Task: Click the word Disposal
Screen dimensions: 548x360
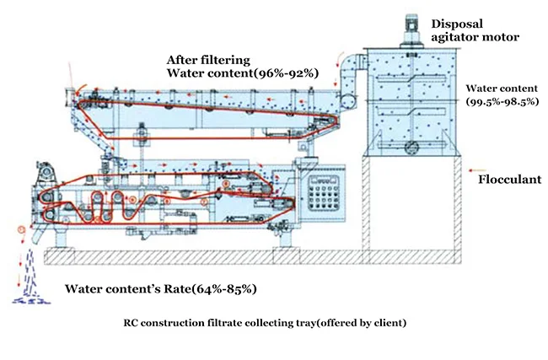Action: (x=457, y=24)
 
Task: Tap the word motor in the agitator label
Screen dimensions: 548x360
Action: (x=502, y=37)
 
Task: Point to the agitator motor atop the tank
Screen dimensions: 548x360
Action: (x=411, y=29)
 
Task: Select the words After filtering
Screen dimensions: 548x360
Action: (x=208, y=60)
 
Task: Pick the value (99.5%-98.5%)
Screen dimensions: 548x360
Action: (x=502, y=101)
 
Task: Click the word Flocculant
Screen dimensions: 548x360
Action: (x=509, y=180)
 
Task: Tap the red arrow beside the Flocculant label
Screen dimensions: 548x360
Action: (x=477, y=170)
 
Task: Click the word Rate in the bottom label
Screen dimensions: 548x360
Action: (x=177, y=289)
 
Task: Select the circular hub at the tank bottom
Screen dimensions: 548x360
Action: (x=411, y=147)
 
